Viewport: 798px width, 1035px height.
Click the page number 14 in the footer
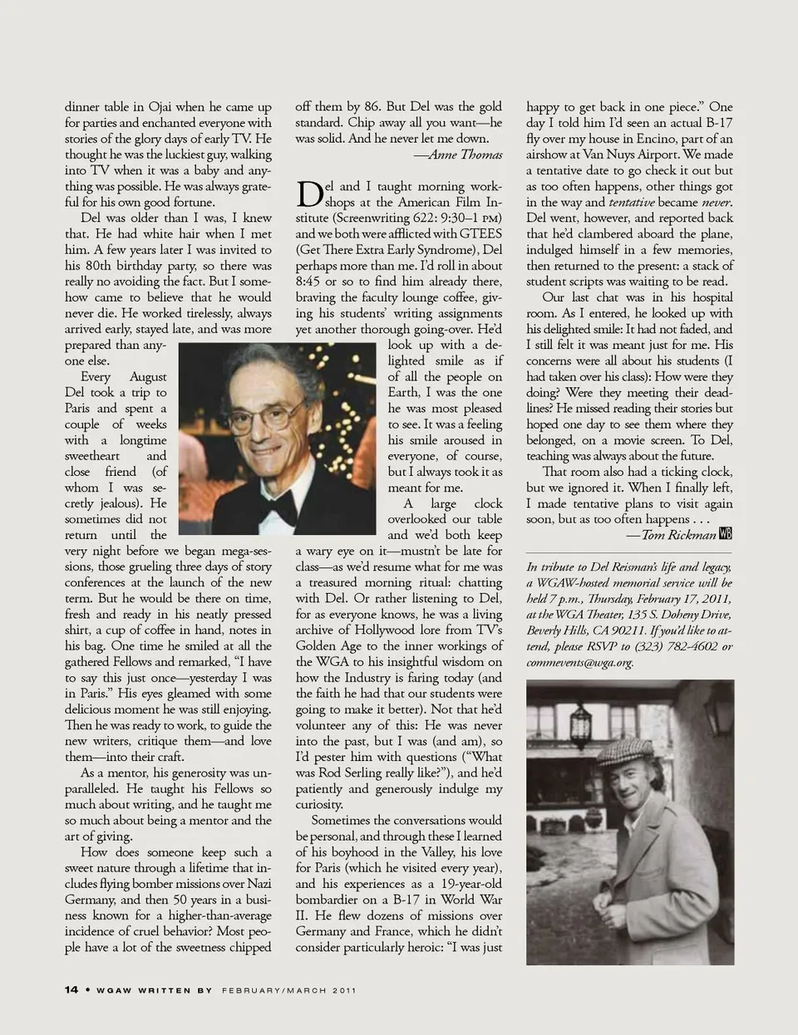pos(71,989)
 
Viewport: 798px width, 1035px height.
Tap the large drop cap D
pos(309,194)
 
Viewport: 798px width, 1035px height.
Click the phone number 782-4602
pos(689,646)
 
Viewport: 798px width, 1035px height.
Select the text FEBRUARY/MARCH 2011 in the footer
pos(289,989)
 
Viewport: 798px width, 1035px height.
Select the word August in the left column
pos(148,377)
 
